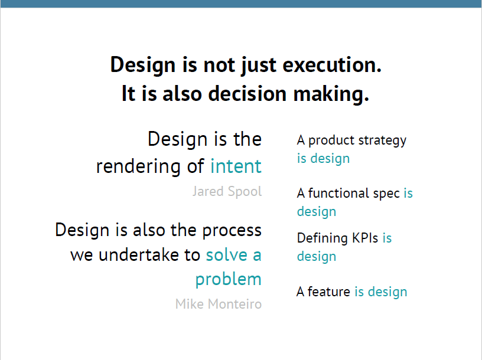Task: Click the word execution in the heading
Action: [x=332, y=65]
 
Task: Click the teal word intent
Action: [x=236, y=166]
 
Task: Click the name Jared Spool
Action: [x=227, y=191]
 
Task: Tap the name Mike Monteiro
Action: [x=219, y=304]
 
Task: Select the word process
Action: [x=232, y=231]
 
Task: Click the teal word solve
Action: [x=227, y=255]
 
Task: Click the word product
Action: [x=331, y=141]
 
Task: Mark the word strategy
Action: [x=382, y=141]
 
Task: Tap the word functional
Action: [x=338, y=193]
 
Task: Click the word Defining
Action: [x=322, y=238]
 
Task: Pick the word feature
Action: [x=329, y=292]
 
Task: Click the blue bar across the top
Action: [x=241, y=4]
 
